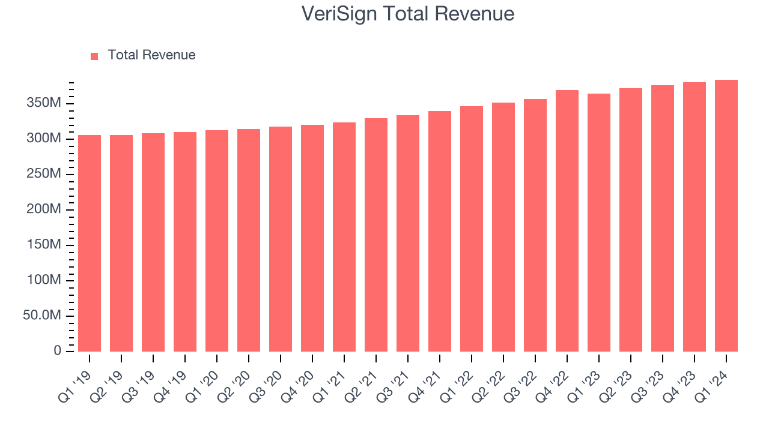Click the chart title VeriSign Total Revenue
click(407, 14)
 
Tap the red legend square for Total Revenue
click(94, 56)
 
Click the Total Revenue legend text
click(151, 55)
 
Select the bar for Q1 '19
click(90, 243)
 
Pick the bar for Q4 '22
click(567, 221)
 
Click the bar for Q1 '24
click(726, 216)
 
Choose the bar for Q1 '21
click(344, 237)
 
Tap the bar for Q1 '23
click(599, 223)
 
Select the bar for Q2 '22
click(503, 227)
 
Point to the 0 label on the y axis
click(58, 351)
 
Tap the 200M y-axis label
click(44, 210)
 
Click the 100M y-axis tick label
click(44, 281)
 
